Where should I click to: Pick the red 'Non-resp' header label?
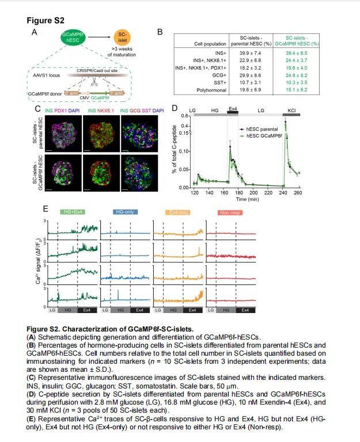coord(229,213)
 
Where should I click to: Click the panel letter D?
coord(174,107)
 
